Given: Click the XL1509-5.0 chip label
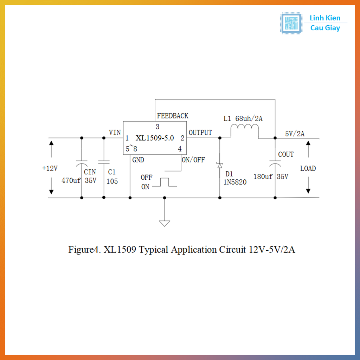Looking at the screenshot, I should [x=155, y=138].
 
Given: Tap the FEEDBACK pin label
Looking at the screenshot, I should [x=172, y=116].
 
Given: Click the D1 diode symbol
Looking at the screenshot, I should [x=220, y=165].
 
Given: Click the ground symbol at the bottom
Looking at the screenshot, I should [x=164, y=223].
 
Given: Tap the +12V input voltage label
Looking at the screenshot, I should [x=50, y=168].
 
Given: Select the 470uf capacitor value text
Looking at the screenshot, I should [x=71, y=181].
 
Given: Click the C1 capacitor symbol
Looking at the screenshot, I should [x=104, y=162].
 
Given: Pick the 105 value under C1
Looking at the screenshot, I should [x=112, y=181].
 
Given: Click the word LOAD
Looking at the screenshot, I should [x=308, y=168].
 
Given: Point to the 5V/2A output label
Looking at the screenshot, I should [x=295, y=134].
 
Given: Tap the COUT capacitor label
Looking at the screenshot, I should [x=286, y=154].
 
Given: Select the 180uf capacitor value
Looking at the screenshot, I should [x=263, y=177].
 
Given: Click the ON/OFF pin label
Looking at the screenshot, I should [x=193, y=160].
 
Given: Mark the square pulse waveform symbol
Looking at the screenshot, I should [x=164, y=182].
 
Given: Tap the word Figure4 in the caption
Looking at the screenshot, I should [x=84, y=250].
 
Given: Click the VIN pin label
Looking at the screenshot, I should [x=115, y=133].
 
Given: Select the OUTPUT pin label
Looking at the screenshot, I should [x=200, y=133].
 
